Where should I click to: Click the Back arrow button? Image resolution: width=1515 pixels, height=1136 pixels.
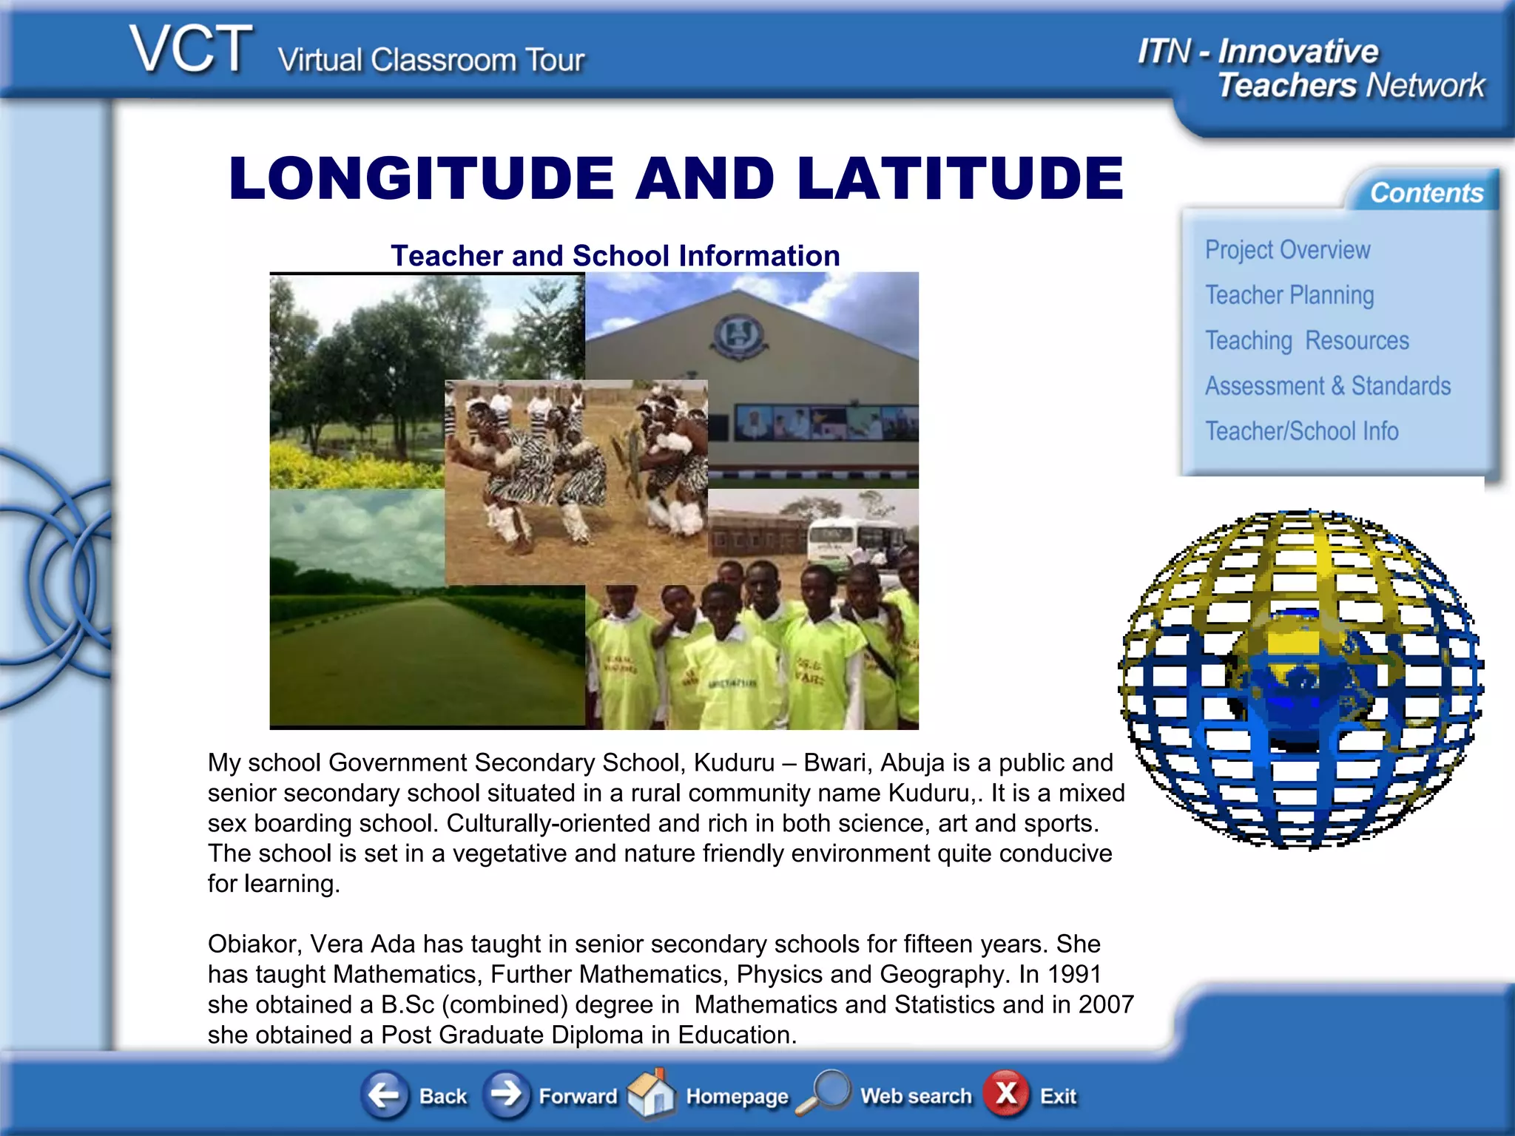coord(385,1094)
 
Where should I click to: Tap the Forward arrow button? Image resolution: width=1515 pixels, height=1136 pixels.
coord(507,1094)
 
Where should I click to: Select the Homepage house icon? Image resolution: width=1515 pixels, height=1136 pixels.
coord(651,1092)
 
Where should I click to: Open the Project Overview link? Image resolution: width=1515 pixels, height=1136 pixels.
coord(1287,250)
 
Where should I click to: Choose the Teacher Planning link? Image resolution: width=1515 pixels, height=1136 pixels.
coord(1289,295)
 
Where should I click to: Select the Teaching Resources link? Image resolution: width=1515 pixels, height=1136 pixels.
coord(1306,341)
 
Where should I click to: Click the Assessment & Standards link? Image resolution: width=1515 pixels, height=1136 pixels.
coord(1327,386)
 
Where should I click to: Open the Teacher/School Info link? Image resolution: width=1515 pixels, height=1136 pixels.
coord(1301,431)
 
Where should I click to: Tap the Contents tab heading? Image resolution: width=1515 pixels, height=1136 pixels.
coord(1426,193)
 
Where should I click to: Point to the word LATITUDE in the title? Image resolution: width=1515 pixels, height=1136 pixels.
coord(960,178)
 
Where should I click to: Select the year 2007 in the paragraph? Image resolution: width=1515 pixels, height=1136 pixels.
coord(1106,1005)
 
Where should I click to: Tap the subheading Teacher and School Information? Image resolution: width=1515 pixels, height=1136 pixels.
coord(615,256)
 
